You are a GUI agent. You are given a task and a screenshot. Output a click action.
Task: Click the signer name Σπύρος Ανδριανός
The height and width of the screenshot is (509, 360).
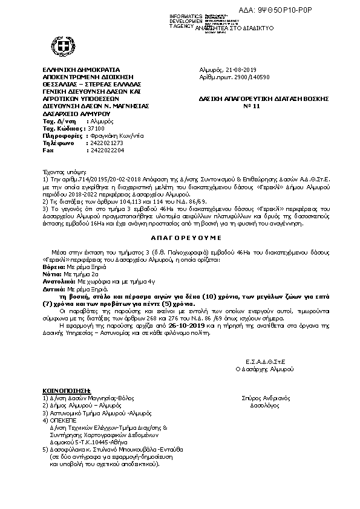pos(266,398)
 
